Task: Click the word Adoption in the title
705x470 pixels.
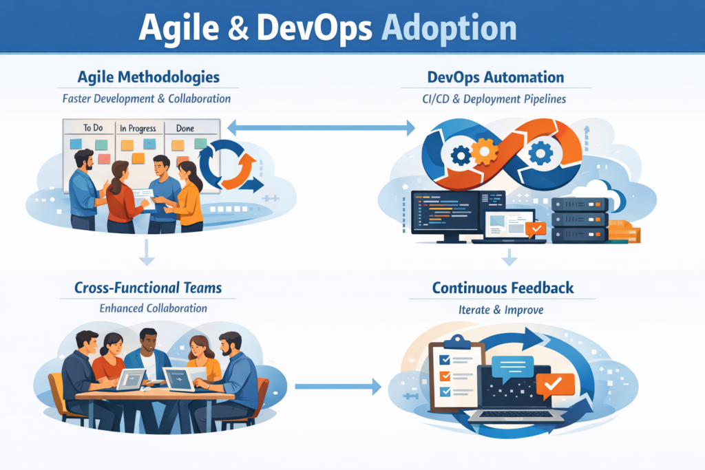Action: coord(449,28)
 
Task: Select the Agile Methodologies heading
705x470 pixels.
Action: coord(149,77)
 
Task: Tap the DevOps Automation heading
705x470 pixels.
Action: coord(496,77)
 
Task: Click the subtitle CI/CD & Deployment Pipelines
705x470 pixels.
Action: coord(494,99)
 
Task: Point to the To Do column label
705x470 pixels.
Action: coord(93,127)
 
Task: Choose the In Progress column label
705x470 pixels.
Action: coord(138,129)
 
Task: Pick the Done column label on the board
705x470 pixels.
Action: coord(185,128)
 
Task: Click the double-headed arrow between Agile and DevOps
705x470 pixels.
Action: coord(321,127)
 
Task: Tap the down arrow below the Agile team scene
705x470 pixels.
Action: coord(147,252)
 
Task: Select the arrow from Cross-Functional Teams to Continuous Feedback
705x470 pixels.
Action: coord(338,387)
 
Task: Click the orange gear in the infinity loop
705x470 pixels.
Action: coord(484,151)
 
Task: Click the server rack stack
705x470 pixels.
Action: coord(580,220)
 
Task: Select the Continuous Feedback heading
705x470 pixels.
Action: coord(503,288)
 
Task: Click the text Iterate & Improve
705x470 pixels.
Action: coord(501,310)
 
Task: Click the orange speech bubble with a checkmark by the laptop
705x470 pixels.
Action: coord(555,385)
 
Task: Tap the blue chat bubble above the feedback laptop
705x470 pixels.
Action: coord(512,368)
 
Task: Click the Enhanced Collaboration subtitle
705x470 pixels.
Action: coord(154,308)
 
